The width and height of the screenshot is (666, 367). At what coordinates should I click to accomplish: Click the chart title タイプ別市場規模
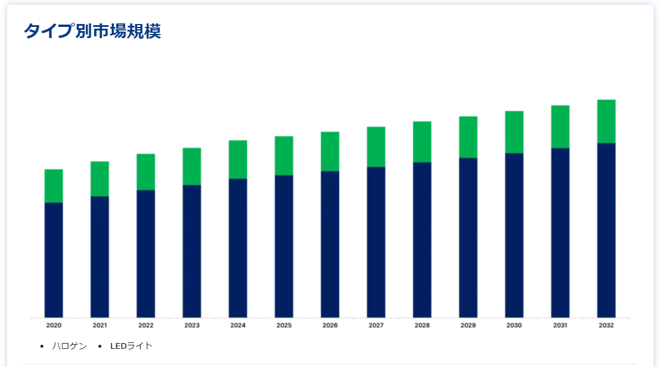92,31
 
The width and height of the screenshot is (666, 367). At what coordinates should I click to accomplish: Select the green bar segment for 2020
54,186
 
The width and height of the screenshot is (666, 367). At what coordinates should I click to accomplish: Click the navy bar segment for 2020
54,260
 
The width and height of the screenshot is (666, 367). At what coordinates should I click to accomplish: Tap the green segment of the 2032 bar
606,121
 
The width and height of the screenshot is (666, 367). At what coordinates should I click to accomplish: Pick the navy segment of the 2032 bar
606,230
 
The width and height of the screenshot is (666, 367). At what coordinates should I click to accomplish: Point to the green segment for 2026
330,151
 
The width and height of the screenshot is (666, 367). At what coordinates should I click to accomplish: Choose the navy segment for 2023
192,251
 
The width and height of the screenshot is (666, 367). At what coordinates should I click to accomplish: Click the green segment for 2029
468,137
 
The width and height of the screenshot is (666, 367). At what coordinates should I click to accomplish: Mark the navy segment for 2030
514,235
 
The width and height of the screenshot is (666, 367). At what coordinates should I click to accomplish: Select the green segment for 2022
146,172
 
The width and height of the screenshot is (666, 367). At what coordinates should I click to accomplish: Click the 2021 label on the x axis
100,325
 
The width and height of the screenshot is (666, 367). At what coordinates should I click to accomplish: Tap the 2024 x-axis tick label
238,325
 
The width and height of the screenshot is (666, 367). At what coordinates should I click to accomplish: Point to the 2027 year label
376,325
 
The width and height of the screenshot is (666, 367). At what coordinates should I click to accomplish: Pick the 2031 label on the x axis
560,325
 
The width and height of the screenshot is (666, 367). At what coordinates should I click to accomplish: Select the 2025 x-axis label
284,325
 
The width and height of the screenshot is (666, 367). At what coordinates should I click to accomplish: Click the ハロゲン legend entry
69,346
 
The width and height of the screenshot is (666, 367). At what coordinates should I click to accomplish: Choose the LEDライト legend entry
131,346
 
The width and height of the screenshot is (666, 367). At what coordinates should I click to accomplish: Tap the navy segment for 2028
422,240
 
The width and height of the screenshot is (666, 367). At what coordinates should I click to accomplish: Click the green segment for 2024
238,159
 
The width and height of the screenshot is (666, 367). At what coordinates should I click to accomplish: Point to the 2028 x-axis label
422,325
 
